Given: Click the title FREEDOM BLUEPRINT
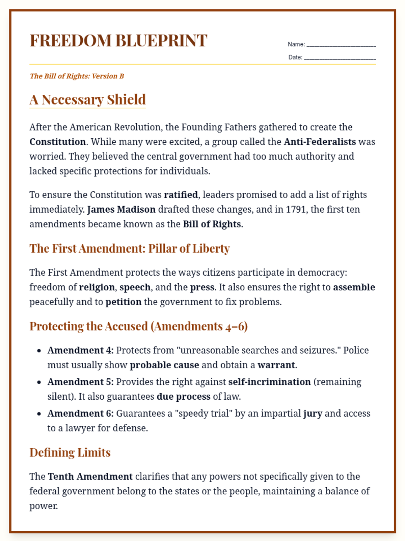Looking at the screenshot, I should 118,41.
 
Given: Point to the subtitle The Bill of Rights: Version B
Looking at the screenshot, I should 77,76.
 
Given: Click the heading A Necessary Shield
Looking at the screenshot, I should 87,99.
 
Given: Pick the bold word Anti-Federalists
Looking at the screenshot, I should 320,142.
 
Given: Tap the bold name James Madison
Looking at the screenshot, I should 121,210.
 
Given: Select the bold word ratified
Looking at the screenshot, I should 181,195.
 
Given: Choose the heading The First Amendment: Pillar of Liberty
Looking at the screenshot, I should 130,249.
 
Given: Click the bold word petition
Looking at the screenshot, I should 124,302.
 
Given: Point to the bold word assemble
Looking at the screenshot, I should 354,287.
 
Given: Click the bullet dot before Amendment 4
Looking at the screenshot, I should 39,351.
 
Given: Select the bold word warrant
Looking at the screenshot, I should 276,365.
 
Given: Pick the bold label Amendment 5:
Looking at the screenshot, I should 81,382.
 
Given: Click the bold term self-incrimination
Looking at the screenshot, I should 269,382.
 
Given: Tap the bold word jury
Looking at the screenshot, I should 313,414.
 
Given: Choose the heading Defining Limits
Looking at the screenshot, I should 70,452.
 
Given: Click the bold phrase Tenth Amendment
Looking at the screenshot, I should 90,476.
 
